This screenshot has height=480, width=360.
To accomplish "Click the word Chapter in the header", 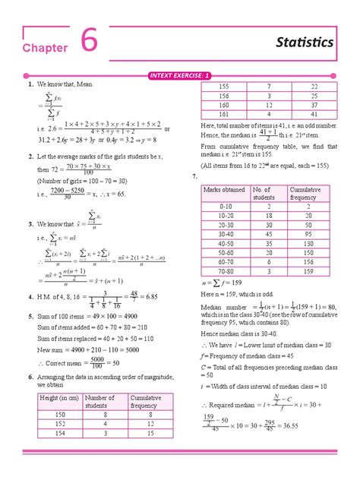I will pyautogui.click(x=46, y=48).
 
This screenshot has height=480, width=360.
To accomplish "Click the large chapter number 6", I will pyautogui.click(x=89, y=43).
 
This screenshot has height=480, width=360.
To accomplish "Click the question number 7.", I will pyautogui.click(x=195, y=176).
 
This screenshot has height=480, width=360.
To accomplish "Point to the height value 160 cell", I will pyautogui.click(x=224, y=106).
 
